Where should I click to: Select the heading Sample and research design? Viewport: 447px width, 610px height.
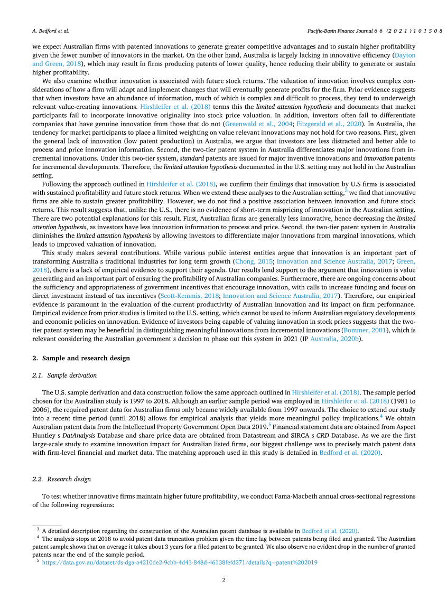coord(85,358)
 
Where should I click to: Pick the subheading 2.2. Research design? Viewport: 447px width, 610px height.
coord(61,479)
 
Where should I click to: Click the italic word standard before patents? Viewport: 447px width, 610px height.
coord(192,157)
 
